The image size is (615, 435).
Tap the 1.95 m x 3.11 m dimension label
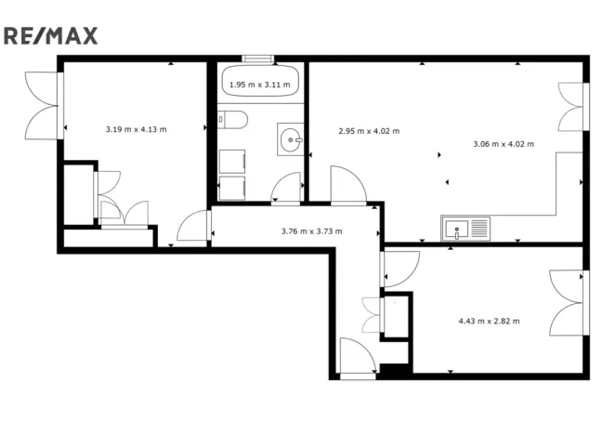259,85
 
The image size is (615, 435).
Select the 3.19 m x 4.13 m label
136,129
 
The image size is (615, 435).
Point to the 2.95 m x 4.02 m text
369,131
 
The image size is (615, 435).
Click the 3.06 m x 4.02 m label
504,144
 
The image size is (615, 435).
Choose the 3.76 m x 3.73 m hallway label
311,231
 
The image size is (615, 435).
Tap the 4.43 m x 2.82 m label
489,322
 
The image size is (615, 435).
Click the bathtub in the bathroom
260,85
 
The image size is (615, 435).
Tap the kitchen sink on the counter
465,228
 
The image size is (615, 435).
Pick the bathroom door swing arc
286,190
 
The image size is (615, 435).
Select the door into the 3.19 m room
193,227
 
